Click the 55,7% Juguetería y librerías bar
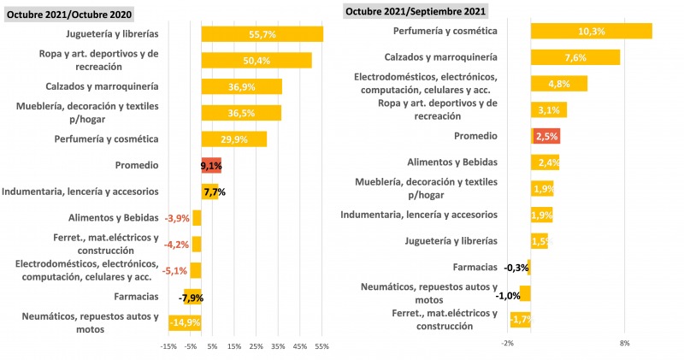(262, 33)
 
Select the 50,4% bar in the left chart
(256, 60)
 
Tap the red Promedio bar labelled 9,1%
(210, 166)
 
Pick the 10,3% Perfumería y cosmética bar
(591, 31)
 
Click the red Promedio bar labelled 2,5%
(545, 136)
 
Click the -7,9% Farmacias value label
(191, 298)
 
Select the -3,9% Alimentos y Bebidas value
(176, 218)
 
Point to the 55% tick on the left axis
(321, 346)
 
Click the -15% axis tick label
(168, 346)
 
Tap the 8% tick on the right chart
(624, 343)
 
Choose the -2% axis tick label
(508, 343)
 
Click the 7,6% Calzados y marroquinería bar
(575, 57)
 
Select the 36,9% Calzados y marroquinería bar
(241, 86)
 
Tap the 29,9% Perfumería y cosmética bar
(233, 139)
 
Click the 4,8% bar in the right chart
(558, 84)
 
